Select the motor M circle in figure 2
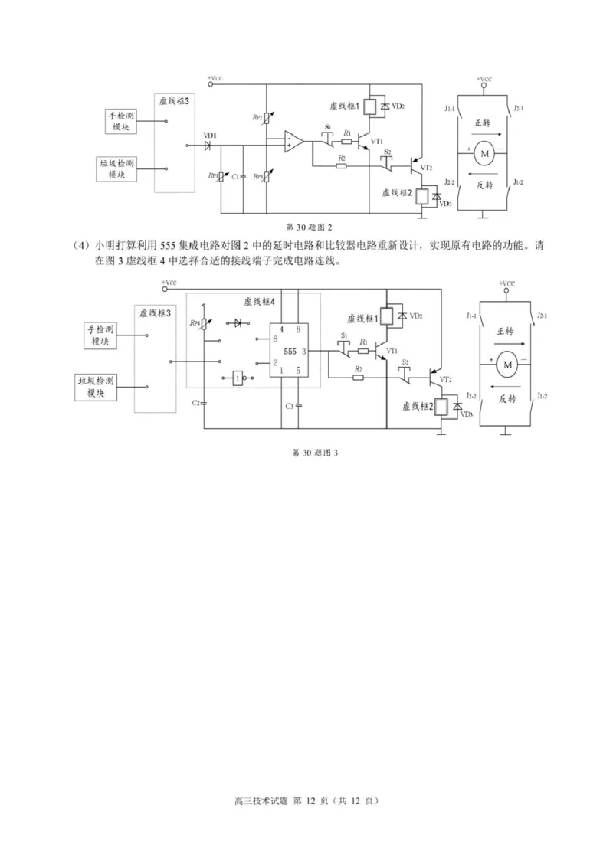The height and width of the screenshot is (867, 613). click(x=484, y=155)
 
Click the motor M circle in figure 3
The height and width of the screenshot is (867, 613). click(x=506, y=367)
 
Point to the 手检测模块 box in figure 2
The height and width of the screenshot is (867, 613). click(x=120, y=121)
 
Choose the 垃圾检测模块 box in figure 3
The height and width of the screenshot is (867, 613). click(x=96, y=387)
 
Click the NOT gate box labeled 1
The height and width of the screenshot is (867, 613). click(x=240, y=378)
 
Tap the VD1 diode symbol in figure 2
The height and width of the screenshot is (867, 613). click(x=208, y=144)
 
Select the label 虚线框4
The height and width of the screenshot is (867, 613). click(x=260, y=301)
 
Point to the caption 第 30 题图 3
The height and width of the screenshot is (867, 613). click(x=315, y=453)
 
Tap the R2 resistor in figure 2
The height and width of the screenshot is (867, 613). click(x=341, y=162)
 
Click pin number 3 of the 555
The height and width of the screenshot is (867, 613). click(x=304, y=352)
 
